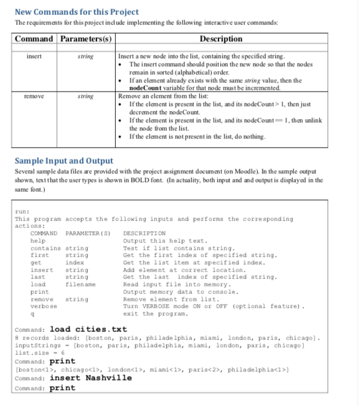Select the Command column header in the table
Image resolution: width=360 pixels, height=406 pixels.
tap(34, 39)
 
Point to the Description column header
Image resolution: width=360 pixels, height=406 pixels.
tap(221, 39)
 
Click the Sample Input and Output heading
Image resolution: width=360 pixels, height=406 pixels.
tap(64, 160)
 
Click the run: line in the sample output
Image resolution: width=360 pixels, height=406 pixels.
tap(20, 212)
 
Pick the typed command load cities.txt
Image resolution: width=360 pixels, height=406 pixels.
tap(88, 329)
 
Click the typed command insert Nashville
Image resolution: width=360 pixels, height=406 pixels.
tap(91, 377)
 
